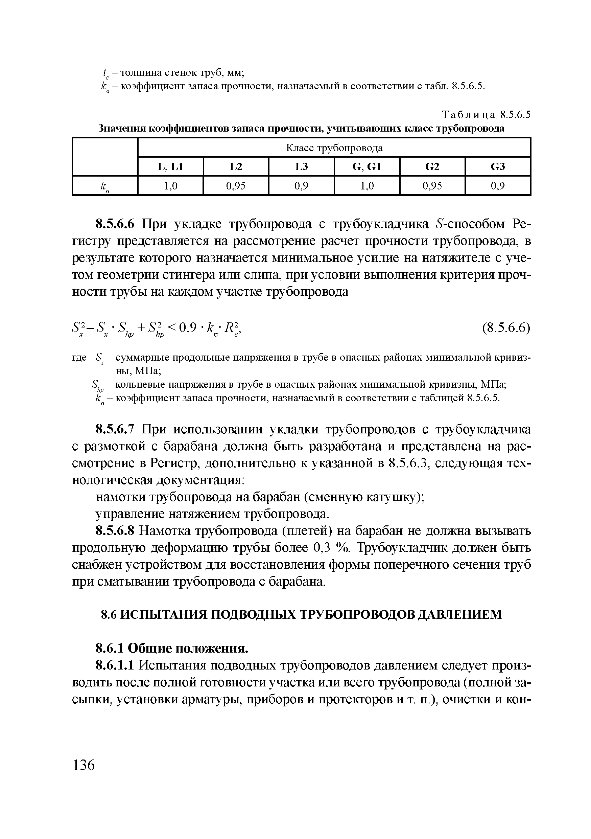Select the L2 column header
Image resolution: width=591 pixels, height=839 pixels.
point(236,167)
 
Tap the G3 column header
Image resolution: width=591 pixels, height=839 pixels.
point(498,167)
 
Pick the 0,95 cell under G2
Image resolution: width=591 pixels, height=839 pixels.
point(432,186)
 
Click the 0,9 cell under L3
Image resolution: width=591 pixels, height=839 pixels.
point(301,186)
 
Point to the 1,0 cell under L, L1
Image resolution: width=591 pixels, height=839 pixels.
point(171,186)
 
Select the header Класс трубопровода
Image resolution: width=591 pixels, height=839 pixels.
point(334,148)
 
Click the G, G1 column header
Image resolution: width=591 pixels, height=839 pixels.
point(367,167)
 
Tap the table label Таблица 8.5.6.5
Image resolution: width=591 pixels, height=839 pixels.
point(486,115)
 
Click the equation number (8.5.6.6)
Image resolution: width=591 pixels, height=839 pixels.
point(506,327)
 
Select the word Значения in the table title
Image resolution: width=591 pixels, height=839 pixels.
point(122,129)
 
